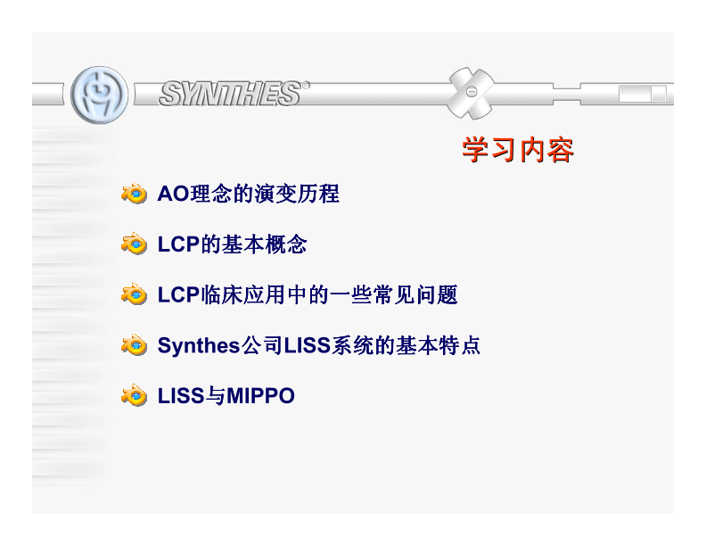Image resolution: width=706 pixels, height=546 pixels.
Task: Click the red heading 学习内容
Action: pos(517,151)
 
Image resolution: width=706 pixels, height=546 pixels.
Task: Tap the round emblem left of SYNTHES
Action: pos(99,94)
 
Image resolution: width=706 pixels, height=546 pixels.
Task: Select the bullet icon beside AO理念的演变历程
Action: pos(134,194)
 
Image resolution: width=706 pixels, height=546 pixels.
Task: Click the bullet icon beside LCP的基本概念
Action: pos(134,244)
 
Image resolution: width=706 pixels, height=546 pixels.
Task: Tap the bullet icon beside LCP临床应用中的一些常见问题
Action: pos(134,294)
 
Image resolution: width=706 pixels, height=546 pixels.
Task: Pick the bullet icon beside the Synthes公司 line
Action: pos(134,345)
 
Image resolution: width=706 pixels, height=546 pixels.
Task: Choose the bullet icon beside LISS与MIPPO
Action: pos(134,395)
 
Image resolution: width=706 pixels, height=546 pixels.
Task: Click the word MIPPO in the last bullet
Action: pos(260,395)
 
